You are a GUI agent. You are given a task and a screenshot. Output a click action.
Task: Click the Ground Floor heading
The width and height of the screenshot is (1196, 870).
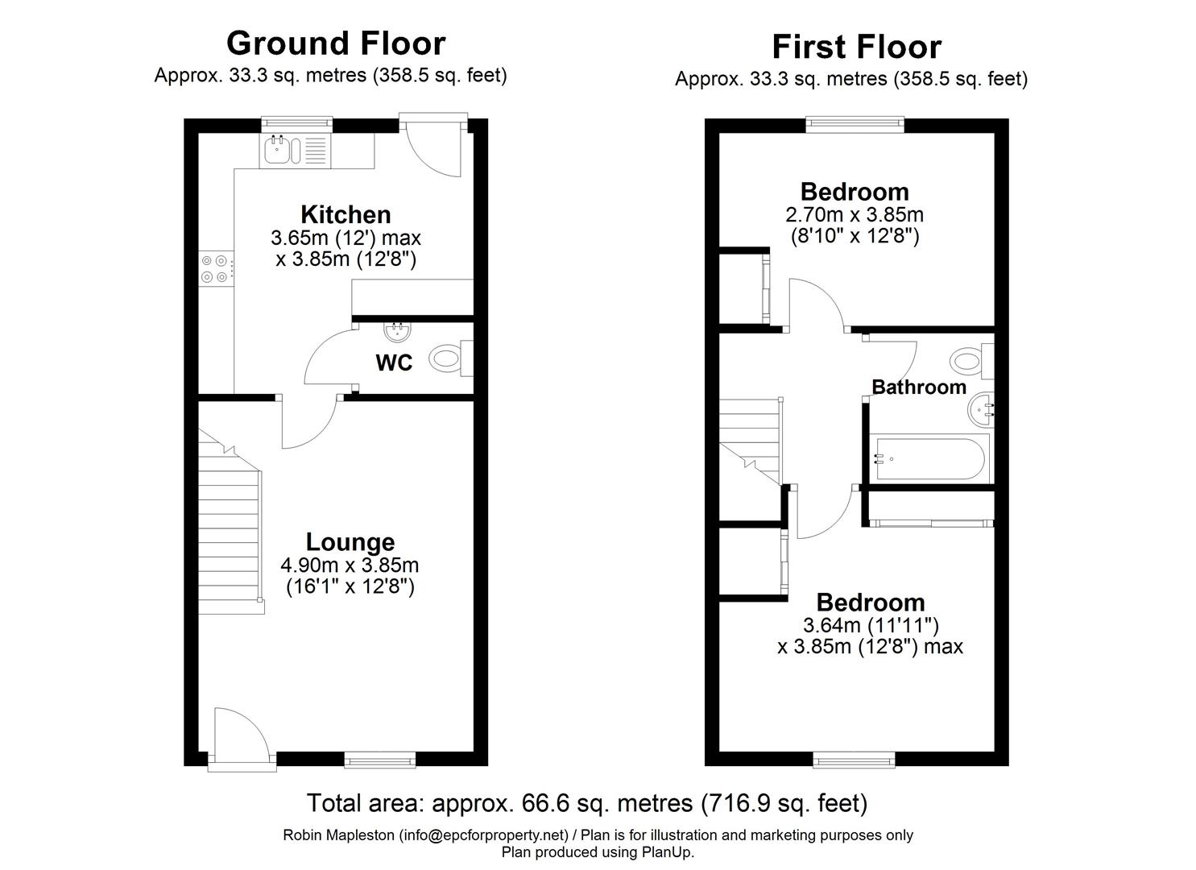point(335,43)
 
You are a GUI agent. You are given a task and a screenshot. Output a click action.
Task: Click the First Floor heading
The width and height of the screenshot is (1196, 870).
point(856,47)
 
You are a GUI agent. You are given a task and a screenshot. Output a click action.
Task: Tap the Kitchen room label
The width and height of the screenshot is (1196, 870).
point(346,214)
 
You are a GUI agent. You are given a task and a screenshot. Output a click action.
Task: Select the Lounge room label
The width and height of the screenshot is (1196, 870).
point(350,542)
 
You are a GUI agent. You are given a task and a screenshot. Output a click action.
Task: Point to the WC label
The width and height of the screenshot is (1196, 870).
point(394,363)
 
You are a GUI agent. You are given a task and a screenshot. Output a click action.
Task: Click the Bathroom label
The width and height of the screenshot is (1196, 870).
point(919,387)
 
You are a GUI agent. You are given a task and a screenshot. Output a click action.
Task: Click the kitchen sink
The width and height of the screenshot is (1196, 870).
point(283,149)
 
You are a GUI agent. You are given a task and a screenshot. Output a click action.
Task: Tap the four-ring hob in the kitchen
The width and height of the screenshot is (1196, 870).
point(216,268)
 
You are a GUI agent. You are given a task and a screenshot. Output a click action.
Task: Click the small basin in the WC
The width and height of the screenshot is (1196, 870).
point(395,331)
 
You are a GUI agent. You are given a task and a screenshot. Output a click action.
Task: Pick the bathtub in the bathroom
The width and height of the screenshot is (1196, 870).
point(929,459)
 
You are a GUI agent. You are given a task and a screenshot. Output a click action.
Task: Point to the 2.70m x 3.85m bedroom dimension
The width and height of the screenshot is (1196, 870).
point(854,215)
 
